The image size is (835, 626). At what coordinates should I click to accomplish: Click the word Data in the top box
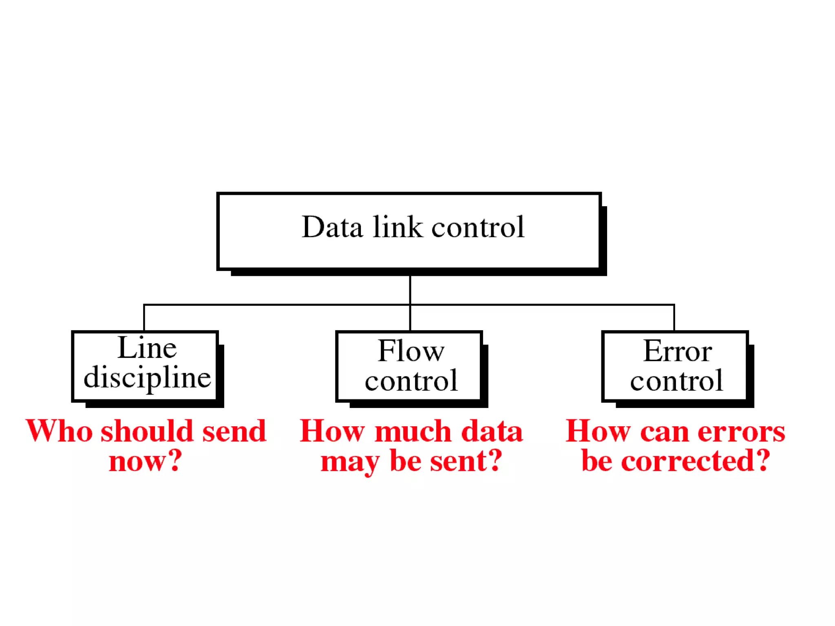tap(332, 227)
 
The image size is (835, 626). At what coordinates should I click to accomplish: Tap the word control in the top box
tap(478, 227)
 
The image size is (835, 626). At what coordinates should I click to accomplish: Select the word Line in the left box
tap(147, 348)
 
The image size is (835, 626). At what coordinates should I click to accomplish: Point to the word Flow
tap(411, 351)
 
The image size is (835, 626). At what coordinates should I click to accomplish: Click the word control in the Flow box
tap(411, 381)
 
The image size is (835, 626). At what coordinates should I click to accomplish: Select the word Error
tap(678, 351)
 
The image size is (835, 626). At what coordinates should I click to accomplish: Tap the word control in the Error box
tap(676, 381)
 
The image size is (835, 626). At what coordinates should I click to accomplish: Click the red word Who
tap(60, 431)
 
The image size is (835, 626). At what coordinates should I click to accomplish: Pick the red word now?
tap(146, 461)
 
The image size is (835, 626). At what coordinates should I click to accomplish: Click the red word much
tap(413, 431)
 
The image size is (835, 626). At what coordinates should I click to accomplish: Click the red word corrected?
tap(696, 461)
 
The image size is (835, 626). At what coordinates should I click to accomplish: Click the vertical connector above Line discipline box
tap(144, 318)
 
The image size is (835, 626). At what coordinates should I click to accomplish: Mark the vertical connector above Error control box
tap(674, 318)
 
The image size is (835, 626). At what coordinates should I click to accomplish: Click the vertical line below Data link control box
tap(410, 289)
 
